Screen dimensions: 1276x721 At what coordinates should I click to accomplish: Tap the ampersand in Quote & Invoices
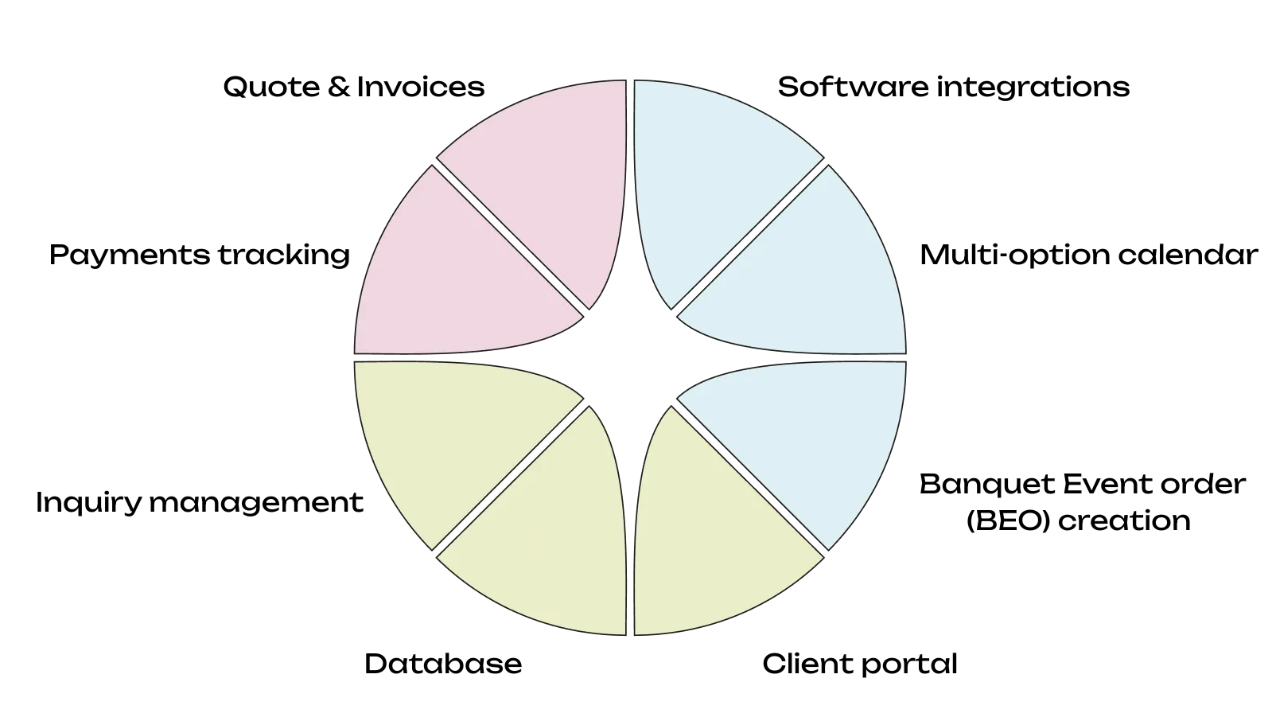[x=338, y=87]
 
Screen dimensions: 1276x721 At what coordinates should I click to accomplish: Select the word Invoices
[x=420, y=87]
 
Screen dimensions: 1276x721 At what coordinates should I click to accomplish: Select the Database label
[x=443, y=664]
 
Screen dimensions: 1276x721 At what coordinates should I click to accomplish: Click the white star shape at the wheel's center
[x=630, y=357]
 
